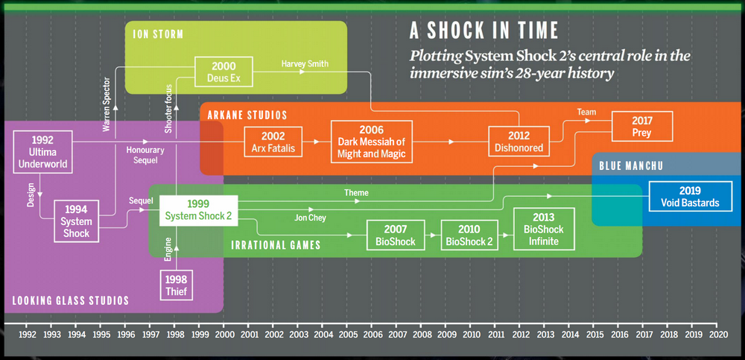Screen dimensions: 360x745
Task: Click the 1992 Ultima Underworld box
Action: pyautogui.click(x=42, y=151)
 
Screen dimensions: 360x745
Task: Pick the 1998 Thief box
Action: pyautogui.click(x=177, y=287)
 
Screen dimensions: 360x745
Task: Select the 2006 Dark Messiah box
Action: pyautogui.click(x=371, y=141)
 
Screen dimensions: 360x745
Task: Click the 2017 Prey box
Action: pyautogui.click(x=642, y=126)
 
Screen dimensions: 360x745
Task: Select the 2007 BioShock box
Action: pyautogui.click(x=396, y=235)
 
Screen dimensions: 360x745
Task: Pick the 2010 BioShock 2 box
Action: pyautogui.click(x=469, y=235)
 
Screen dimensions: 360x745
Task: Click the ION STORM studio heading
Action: pyautogui.click(x=158, y=34)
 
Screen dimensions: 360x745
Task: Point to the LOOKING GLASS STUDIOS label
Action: pyautogui.click(x=71, y=300)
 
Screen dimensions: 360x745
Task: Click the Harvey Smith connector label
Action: pyautogui.click(x=304, y=64)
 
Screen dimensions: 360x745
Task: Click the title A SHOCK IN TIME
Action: pyautogui.click(x=484, y=31)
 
